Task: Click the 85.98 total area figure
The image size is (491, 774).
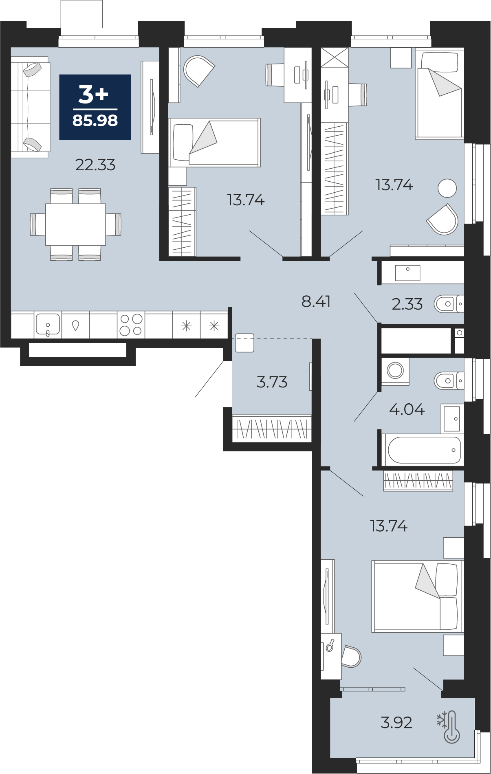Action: click(x=95, y=121)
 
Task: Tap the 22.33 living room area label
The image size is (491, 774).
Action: click(x=95, y=165)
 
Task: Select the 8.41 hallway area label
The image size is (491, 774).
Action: click(x=316, y=301)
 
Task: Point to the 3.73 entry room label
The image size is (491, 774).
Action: click(x=272, y=382)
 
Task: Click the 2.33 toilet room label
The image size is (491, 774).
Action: click(x=407, y=304)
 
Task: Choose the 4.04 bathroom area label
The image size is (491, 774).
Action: click(x=407, y=409)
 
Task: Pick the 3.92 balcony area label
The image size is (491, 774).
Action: click(x=396, y=722)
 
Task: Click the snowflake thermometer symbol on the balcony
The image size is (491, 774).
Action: click(x=449, y=727)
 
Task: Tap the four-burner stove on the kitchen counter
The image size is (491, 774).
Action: click(x=131, y=325)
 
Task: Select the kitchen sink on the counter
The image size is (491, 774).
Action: click(x=48, y=325)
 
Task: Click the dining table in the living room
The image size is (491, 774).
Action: click(x=75, y=224)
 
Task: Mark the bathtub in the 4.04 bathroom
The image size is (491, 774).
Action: click(x=424, y=450)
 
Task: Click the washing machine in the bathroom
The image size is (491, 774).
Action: click(x=395, y=371)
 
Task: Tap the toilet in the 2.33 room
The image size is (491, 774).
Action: click(x=449, y=304)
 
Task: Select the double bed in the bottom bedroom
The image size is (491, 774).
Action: click(x=418, y=596)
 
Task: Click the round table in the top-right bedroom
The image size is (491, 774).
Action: click(x=447, y=188)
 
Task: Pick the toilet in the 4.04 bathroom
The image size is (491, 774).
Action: click(x=449, y=381)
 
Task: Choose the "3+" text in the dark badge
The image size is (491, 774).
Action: click(x=94, y=95)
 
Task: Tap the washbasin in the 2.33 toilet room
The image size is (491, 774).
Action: click(x=407, y=273)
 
